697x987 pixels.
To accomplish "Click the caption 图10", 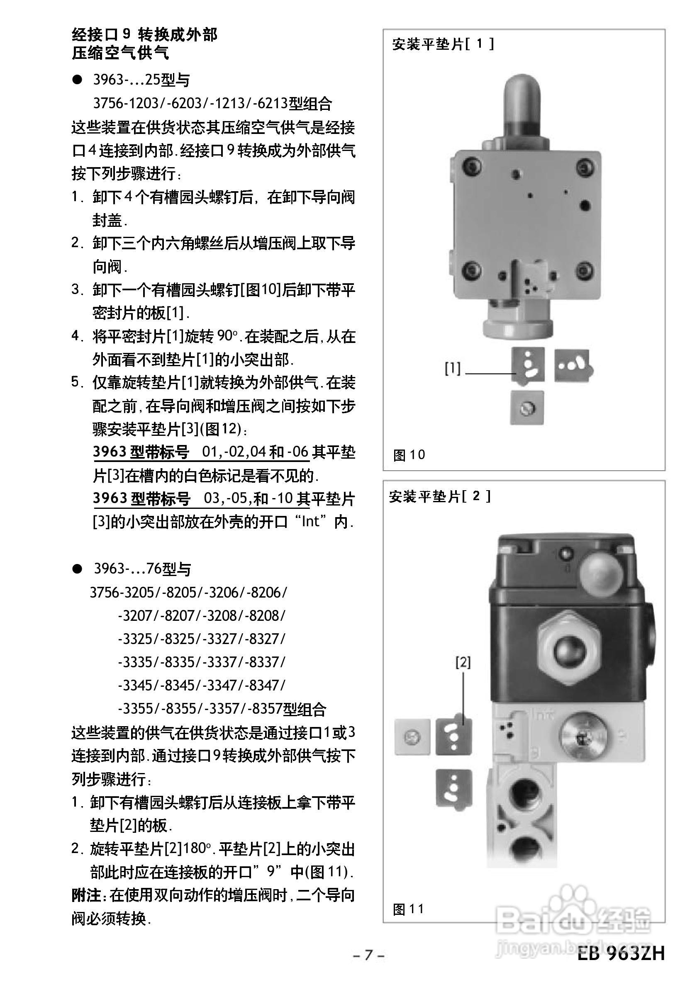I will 409,455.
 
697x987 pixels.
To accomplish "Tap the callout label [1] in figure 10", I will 453,368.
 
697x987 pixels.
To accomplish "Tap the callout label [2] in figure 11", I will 463,662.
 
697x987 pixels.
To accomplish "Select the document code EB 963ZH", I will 621,953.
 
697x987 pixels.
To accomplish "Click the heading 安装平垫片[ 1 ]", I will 443,44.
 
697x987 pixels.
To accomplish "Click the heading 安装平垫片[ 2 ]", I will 439,496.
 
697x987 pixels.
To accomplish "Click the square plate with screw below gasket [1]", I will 527,408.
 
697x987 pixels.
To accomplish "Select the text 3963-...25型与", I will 141,80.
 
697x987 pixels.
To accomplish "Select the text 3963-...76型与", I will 142,569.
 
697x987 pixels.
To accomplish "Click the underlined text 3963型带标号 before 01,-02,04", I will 141,452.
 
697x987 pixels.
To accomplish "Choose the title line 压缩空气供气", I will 120,53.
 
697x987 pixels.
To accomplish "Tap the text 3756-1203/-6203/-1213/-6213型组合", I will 212,103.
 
